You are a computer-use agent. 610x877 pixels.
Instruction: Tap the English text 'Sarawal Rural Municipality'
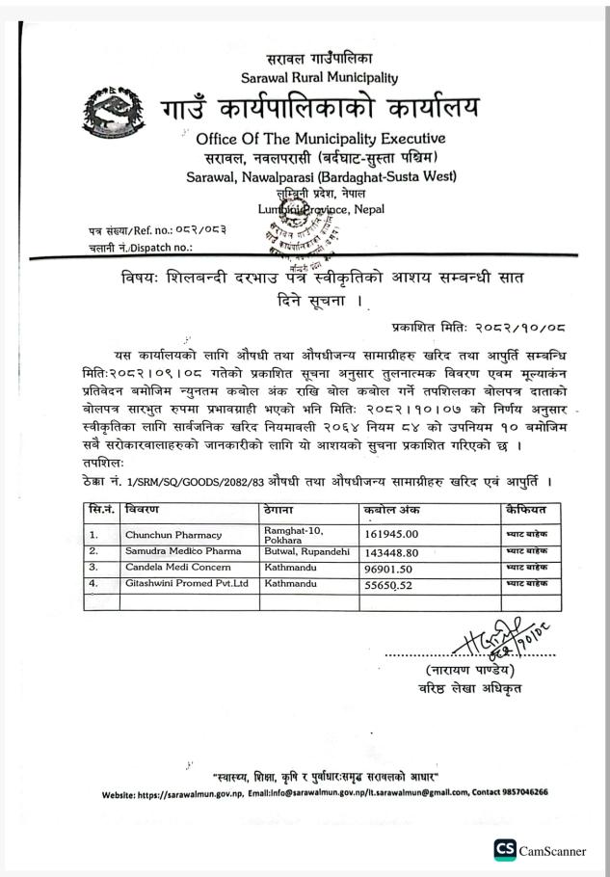pyautogui.click(x=319, y=77)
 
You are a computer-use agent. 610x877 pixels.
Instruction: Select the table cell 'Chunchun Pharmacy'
pyautogui.click(x=172, y=534)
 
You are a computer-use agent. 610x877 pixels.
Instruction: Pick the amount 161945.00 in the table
pyautogui.click(x=390, y=531)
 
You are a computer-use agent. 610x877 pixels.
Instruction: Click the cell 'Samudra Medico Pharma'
pyautogui.click(x=182, y=551)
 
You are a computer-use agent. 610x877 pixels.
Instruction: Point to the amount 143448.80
pyautogui.click(x=390, y=552)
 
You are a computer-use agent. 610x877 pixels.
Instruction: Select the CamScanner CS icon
pyautogui.click(x=504, y=849)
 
